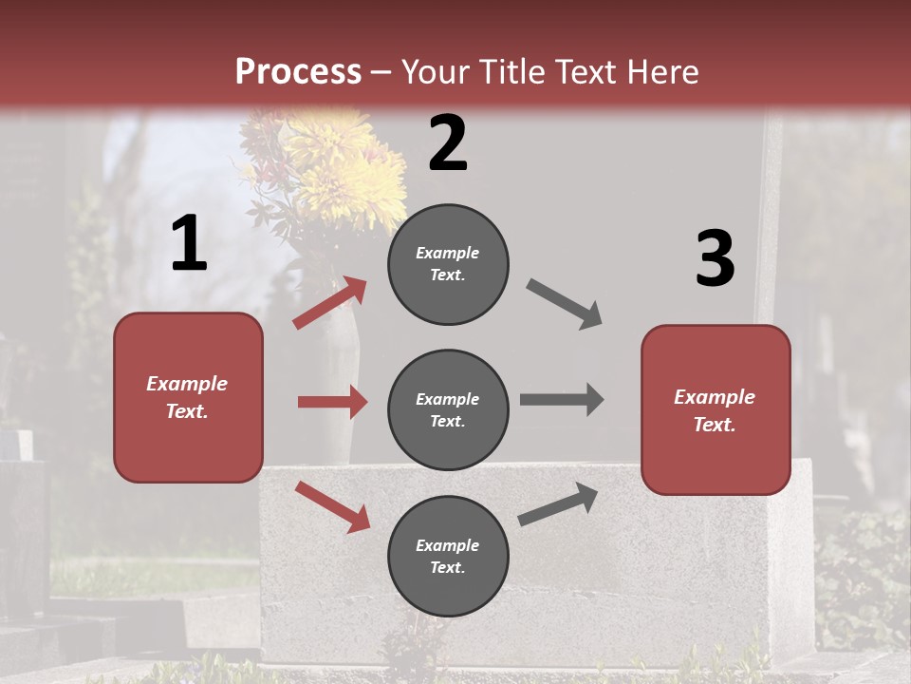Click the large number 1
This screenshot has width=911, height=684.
(189, 244)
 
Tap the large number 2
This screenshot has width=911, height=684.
(448, 143)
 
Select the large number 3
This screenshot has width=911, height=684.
(715, 258)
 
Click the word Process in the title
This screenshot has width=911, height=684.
(298, 71)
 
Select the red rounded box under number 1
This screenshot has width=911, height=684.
(188, 397)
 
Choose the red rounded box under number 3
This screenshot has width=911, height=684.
(716, 409)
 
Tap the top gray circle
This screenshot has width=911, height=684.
(448, 264)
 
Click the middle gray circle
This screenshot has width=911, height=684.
(448, 409)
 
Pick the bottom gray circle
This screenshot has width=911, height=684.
(448, 556)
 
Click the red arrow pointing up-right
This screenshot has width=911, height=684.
(330, 303)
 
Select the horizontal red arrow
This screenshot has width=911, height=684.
(332, 402)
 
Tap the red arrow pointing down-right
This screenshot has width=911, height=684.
(332, 506)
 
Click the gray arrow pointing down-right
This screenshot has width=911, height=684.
(565, 304)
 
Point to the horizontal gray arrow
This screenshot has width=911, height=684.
(562, 399)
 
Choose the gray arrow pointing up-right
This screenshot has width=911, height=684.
(559, 504)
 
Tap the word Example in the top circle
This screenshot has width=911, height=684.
(448, 253)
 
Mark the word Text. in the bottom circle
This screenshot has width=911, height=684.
(448, 567)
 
